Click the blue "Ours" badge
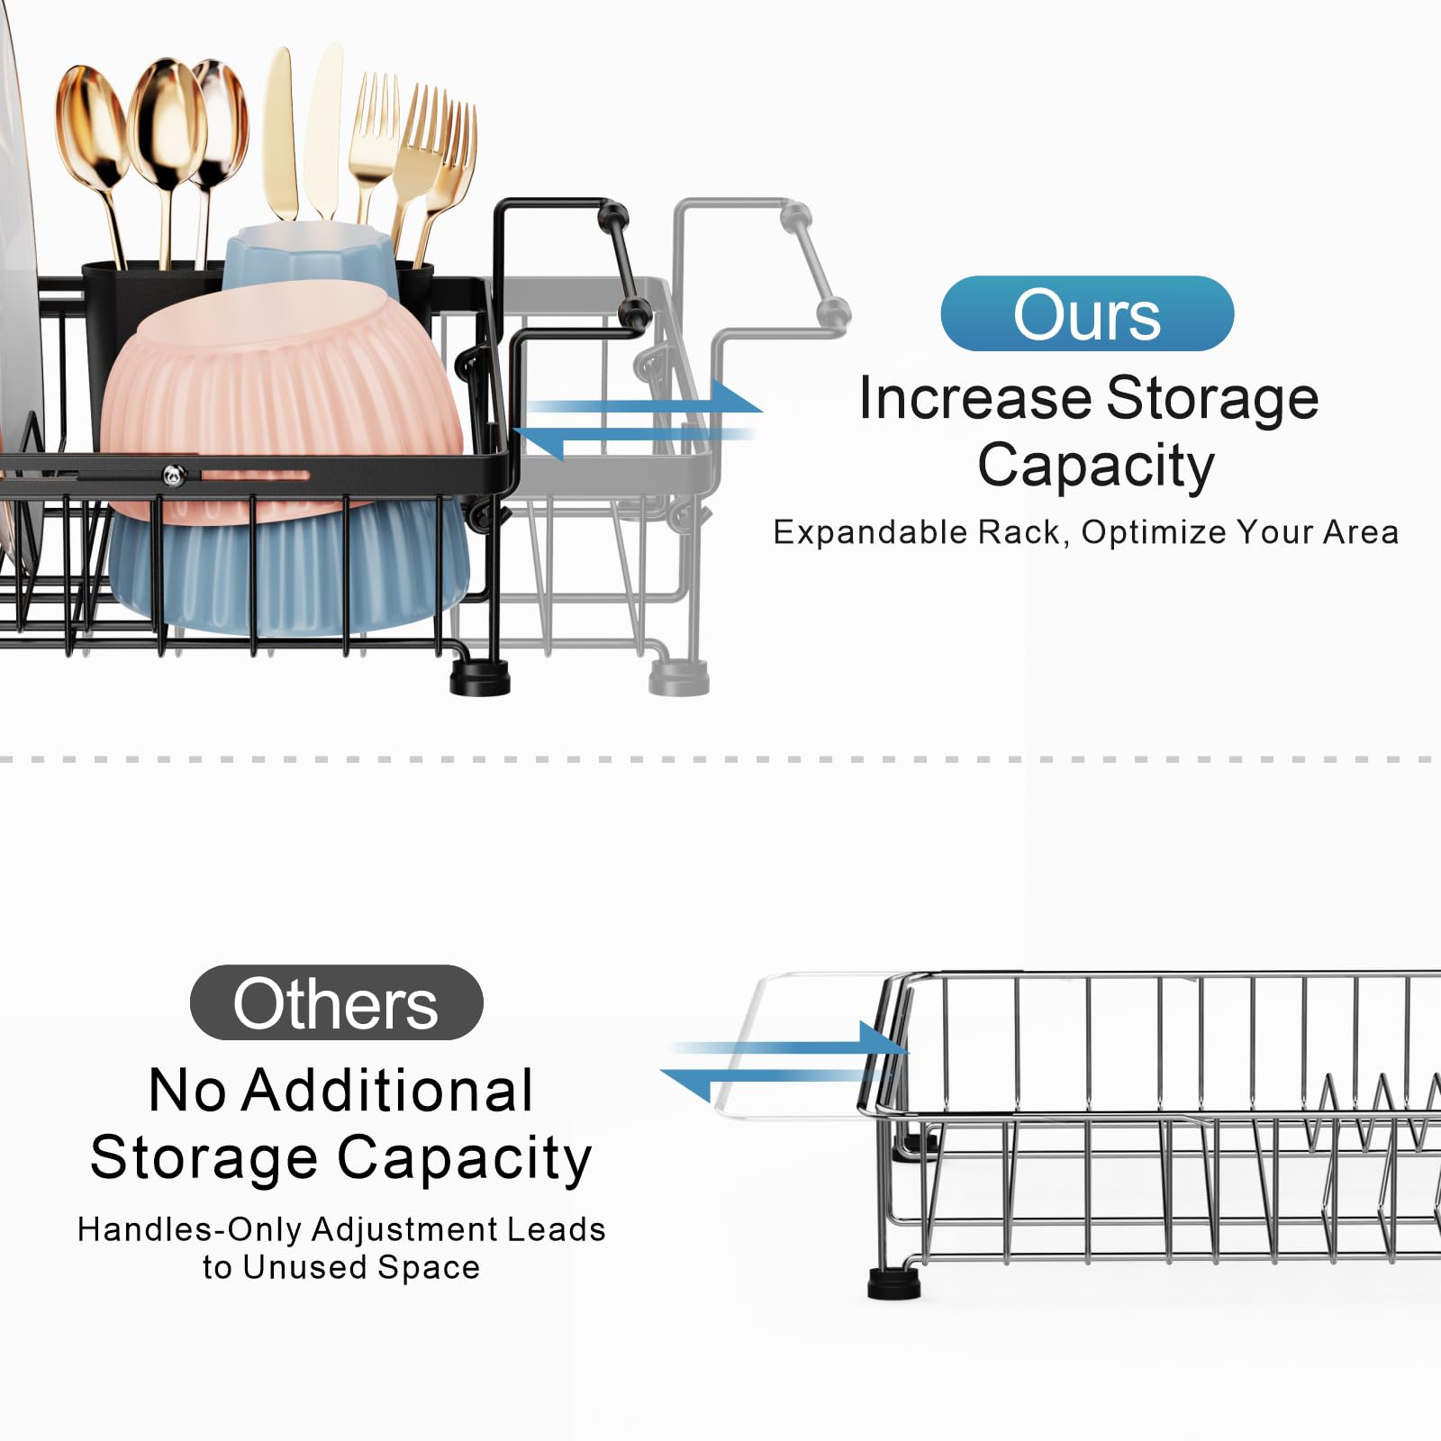tap(1087, 313)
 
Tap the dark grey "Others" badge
tap(337, 1002)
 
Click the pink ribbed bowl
tap(282, 401)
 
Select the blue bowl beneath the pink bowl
tap(289, 567)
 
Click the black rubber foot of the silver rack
tap(894, 1283)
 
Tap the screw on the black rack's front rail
tap(174, 475)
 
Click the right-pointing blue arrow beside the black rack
tap(644, 397)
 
